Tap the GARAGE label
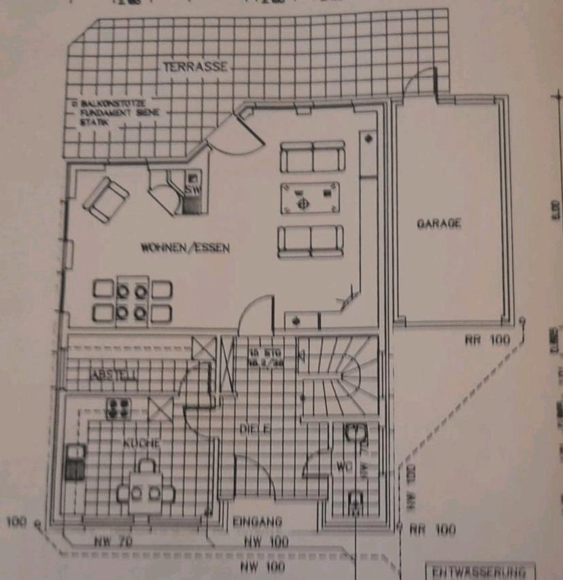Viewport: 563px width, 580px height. click(x=439, y=223)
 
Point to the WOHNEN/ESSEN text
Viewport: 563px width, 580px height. click(x=185, y=248)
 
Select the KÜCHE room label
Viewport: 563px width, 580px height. click(x=141, y=443)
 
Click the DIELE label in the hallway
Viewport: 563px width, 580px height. click(x=256, y=429)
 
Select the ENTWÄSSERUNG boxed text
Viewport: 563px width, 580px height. click(x=480, y=570)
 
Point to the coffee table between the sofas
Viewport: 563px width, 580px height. click(x=310, y=198)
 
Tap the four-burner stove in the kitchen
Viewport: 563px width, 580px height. click(x=118, y=408)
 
